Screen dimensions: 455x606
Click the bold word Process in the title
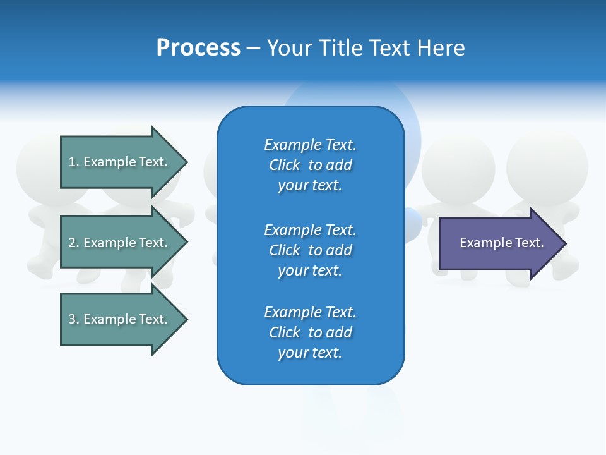(x=198, y=48)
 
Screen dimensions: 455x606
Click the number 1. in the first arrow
(x=74, y=162)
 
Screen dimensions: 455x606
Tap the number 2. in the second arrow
(x=74, y=243)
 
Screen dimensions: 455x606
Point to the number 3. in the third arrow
(x=74, y=319)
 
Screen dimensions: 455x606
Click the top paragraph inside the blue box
(x=310, y=165)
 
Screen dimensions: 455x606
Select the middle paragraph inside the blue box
(x=310, y=250)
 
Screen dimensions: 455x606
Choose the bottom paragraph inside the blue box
(x=310, y=332)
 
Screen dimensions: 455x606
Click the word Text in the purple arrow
(x=530, y=243)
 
